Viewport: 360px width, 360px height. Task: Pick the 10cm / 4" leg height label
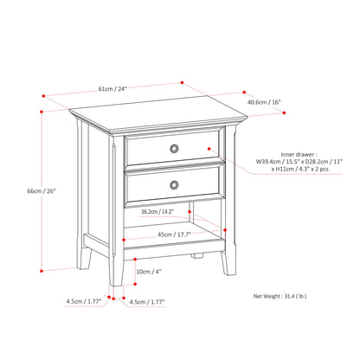point(148,271)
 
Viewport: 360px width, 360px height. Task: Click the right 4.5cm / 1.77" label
point(146,302)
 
